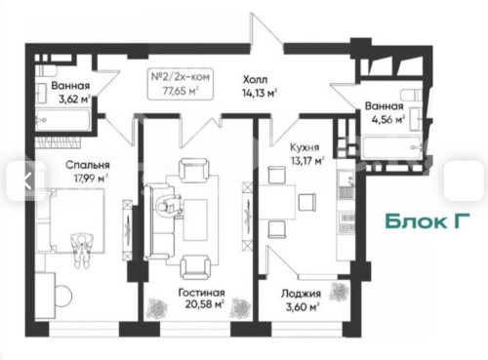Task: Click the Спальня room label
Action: [x=61, y=165]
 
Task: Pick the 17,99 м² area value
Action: [x=61, y=178]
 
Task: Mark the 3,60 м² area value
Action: [x=297, y=305]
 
